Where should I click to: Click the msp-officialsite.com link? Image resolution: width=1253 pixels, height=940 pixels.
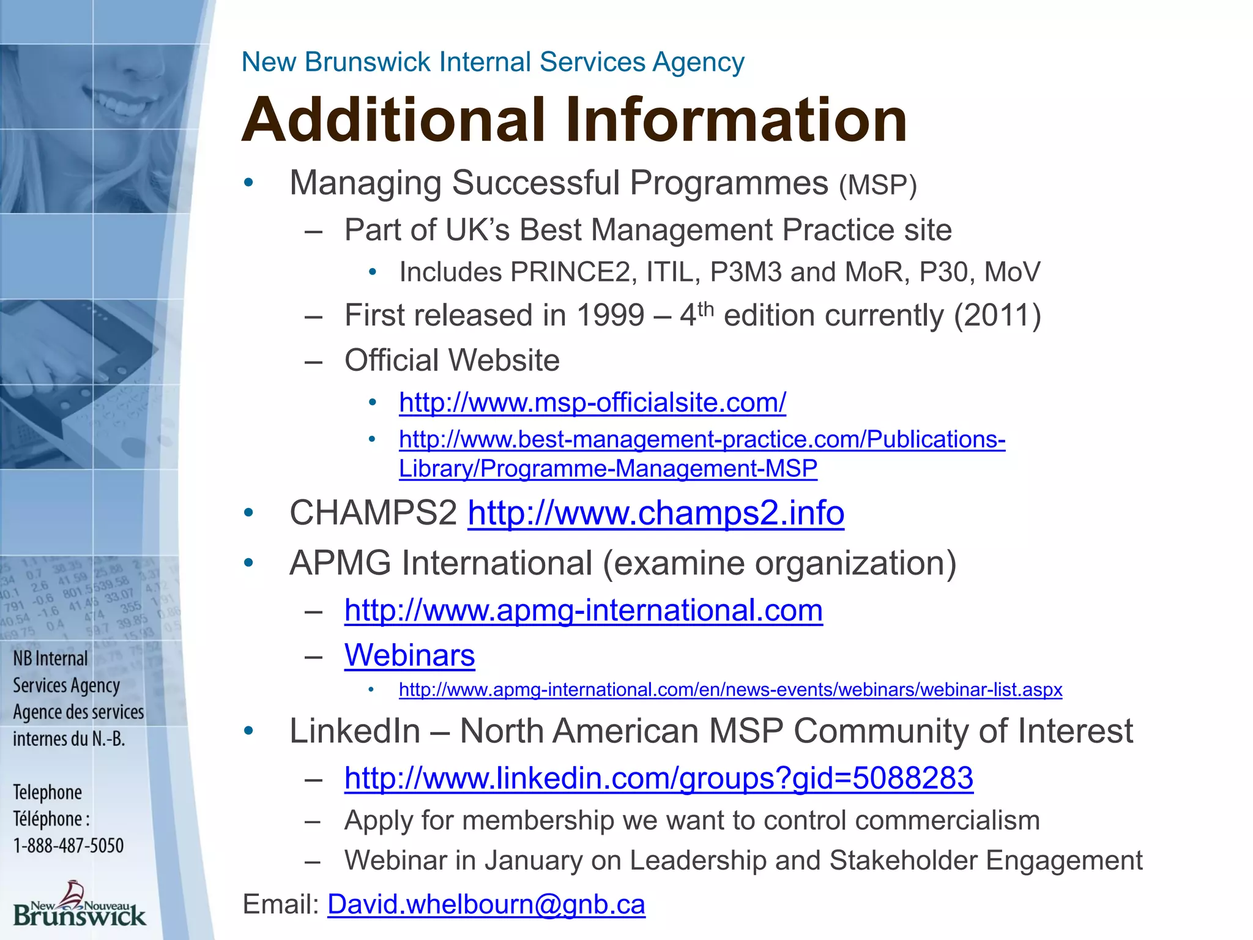(592, 403)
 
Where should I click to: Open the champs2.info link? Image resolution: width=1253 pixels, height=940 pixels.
(656, 513)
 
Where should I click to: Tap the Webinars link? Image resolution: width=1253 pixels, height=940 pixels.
(409, 655)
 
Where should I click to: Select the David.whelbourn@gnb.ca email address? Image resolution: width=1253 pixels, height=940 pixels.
(486, 905)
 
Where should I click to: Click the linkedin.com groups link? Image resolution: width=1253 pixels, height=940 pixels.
(658, 778)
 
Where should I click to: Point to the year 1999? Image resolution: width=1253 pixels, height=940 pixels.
(610, 316)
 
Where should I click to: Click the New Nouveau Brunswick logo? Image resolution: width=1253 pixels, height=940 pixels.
(80, 906)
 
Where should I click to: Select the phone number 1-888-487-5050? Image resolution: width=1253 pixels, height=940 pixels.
(69, 846)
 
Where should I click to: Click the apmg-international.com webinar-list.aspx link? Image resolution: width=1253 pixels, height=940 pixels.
(731, 690)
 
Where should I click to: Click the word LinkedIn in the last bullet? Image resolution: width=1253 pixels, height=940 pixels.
(355, 731)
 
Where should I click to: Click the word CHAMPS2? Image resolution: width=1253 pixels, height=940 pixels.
(373, 513)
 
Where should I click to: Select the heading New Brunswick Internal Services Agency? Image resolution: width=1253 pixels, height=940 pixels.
(493, 62)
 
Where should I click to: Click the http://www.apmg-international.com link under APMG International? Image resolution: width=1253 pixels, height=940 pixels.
(583, 611)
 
